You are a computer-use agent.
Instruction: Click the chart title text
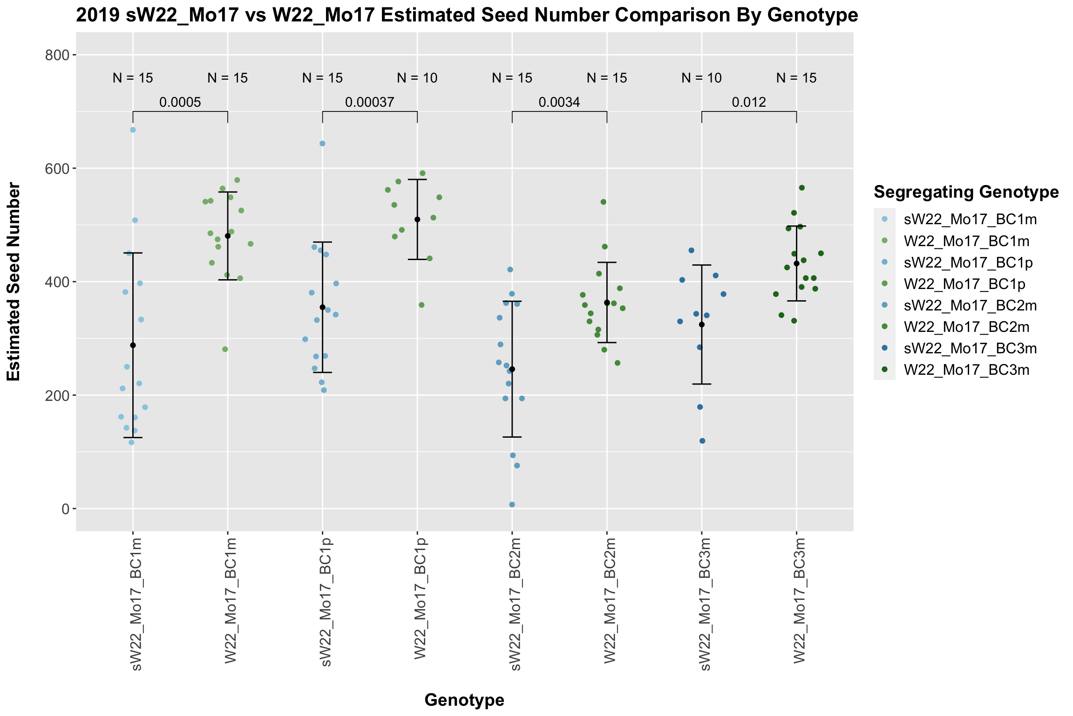coord(467,16)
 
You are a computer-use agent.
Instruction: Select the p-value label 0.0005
coord(180,103)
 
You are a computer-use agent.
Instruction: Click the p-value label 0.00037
coord(369,103)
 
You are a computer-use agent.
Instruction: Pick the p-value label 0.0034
coord(559,103)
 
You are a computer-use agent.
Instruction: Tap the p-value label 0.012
coord(748,103)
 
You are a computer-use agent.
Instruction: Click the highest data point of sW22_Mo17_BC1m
coord(133,130)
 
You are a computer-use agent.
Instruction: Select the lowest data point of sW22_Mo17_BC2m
coord(512,504)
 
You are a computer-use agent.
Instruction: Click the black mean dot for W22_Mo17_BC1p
coord(417,220)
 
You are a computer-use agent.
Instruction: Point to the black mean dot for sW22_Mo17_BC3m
coord(702,324)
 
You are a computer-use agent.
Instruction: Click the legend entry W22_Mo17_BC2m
coord(966,327)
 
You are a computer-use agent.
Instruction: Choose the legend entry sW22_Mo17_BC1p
coord(968,263)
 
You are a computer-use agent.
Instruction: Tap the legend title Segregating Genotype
coord(966,192)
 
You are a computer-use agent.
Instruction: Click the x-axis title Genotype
coord(464,700)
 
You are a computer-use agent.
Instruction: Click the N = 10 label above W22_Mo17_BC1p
coord(417,78)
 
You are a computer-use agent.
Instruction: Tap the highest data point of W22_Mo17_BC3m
coord(801,188)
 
